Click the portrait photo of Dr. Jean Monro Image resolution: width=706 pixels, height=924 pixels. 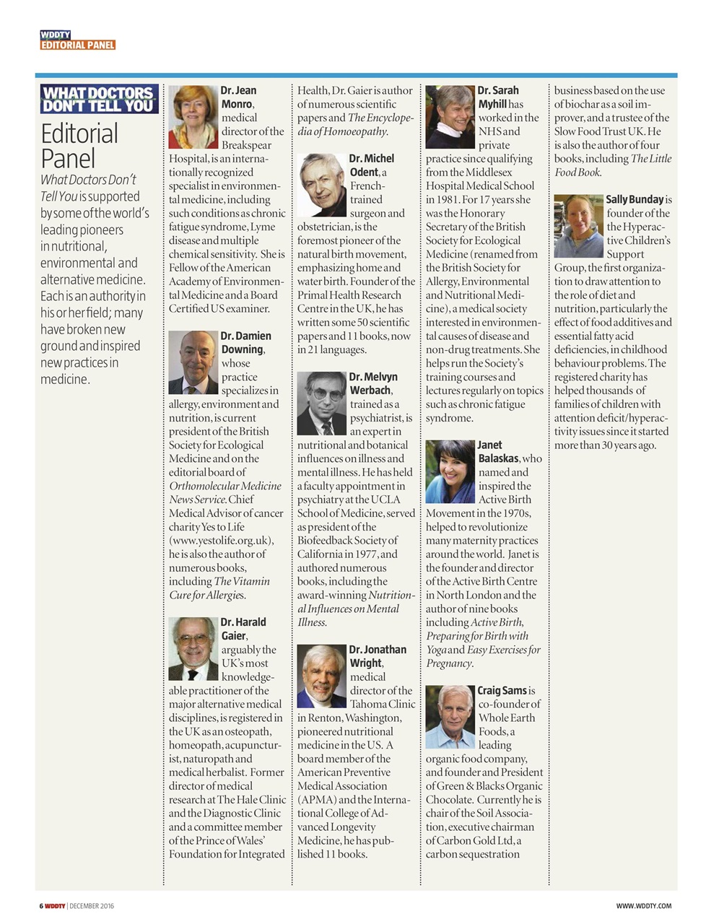pos(193,117)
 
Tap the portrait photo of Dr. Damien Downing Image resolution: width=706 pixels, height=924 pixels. pos(193,362)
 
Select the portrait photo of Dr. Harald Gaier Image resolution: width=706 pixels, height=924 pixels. pos(193,648)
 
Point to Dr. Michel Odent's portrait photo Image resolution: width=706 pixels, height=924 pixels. pos(322,185)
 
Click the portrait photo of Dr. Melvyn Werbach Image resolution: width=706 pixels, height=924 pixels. pos(322,403)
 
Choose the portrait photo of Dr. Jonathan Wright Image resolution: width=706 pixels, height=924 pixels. pos(322,676)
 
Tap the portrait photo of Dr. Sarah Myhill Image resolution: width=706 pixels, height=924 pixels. pos(450,117)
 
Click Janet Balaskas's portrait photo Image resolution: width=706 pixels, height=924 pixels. pos(450,471)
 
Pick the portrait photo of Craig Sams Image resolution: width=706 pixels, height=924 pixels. pos(450,717)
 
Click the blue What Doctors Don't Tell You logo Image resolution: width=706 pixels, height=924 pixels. pos(99,99)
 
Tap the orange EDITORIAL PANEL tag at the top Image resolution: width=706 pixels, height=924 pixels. pos(78,45)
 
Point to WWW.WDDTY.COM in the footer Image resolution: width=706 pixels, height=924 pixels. pos(643,906)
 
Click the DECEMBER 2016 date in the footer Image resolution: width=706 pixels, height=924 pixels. pos(92,906)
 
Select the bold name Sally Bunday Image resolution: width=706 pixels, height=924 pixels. pos(634,199)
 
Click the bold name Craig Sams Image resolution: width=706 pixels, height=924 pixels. pos(502,691)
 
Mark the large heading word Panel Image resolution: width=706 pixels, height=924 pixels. pos(68,158)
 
